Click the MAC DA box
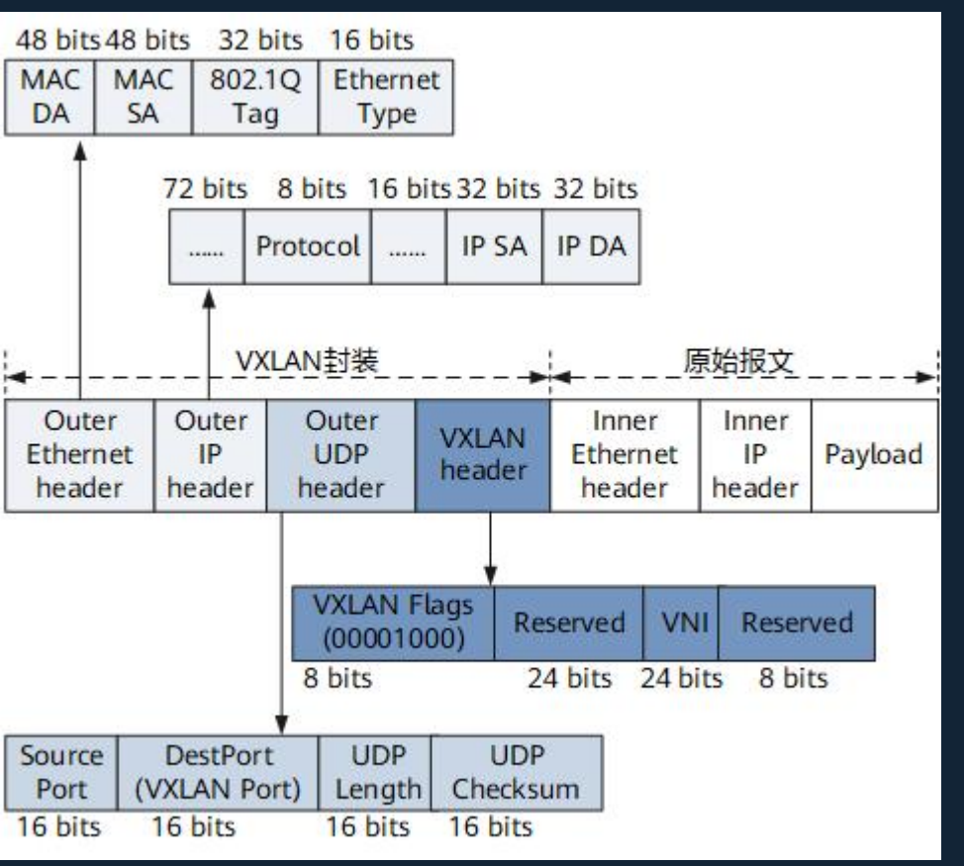(49, 97)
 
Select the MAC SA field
(144, 97)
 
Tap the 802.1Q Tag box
(255, 97)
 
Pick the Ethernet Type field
(386, 97)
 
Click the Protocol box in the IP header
(308, 246)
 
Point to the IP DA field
(591, 246)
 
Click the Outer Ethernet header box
(79, 455)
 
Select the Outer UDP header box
(341, 455)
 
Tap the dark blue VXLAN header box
(483, 455)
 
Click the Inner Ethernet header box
(625, 455)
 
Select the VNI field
(681, 623)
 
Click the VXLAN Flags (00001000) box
(393, 623)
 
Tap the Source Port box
(61, 772)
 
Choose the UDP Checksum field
(516, 772)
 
